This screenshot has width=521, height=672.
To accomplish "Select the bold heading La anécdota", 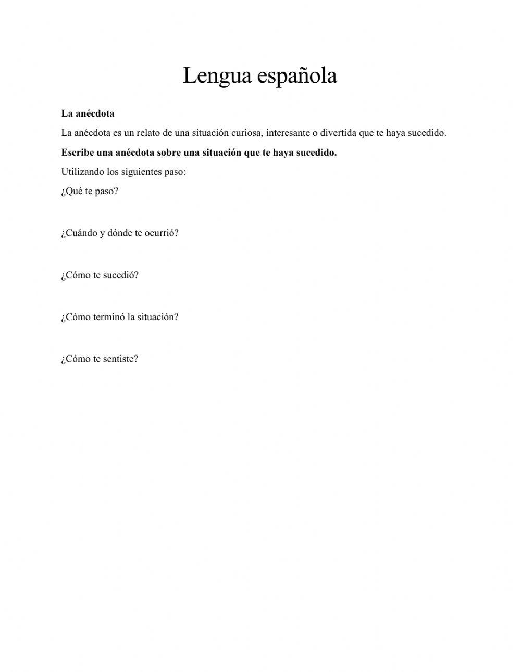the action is tap(88, 113).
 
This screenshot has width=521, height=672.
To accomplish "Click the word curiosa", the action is tap(247, 133).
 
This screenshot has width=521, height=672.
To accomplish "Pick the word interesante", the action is tap(288, 133).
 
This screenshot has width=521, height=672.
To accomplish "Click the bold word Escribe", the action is tap(78, 153).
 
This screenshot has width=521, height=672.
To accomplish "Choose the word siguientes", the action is tap(142, 172).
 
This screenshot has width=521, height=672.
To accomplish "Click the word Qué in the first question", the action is tap(73, 191).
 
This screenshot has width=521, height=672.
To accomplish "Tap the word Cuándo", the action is tap(80, 233).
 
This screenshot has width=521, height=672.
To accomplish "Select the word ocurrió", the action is tap(161, 233).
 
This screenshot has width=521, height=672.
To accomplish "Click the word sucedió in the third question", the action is tap(121, 275).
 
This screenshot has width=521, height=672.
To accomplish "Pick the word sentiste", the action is tap(120, 359).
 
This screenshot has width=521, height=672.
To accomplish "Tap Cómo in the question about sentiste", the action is tap(77, 359).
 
